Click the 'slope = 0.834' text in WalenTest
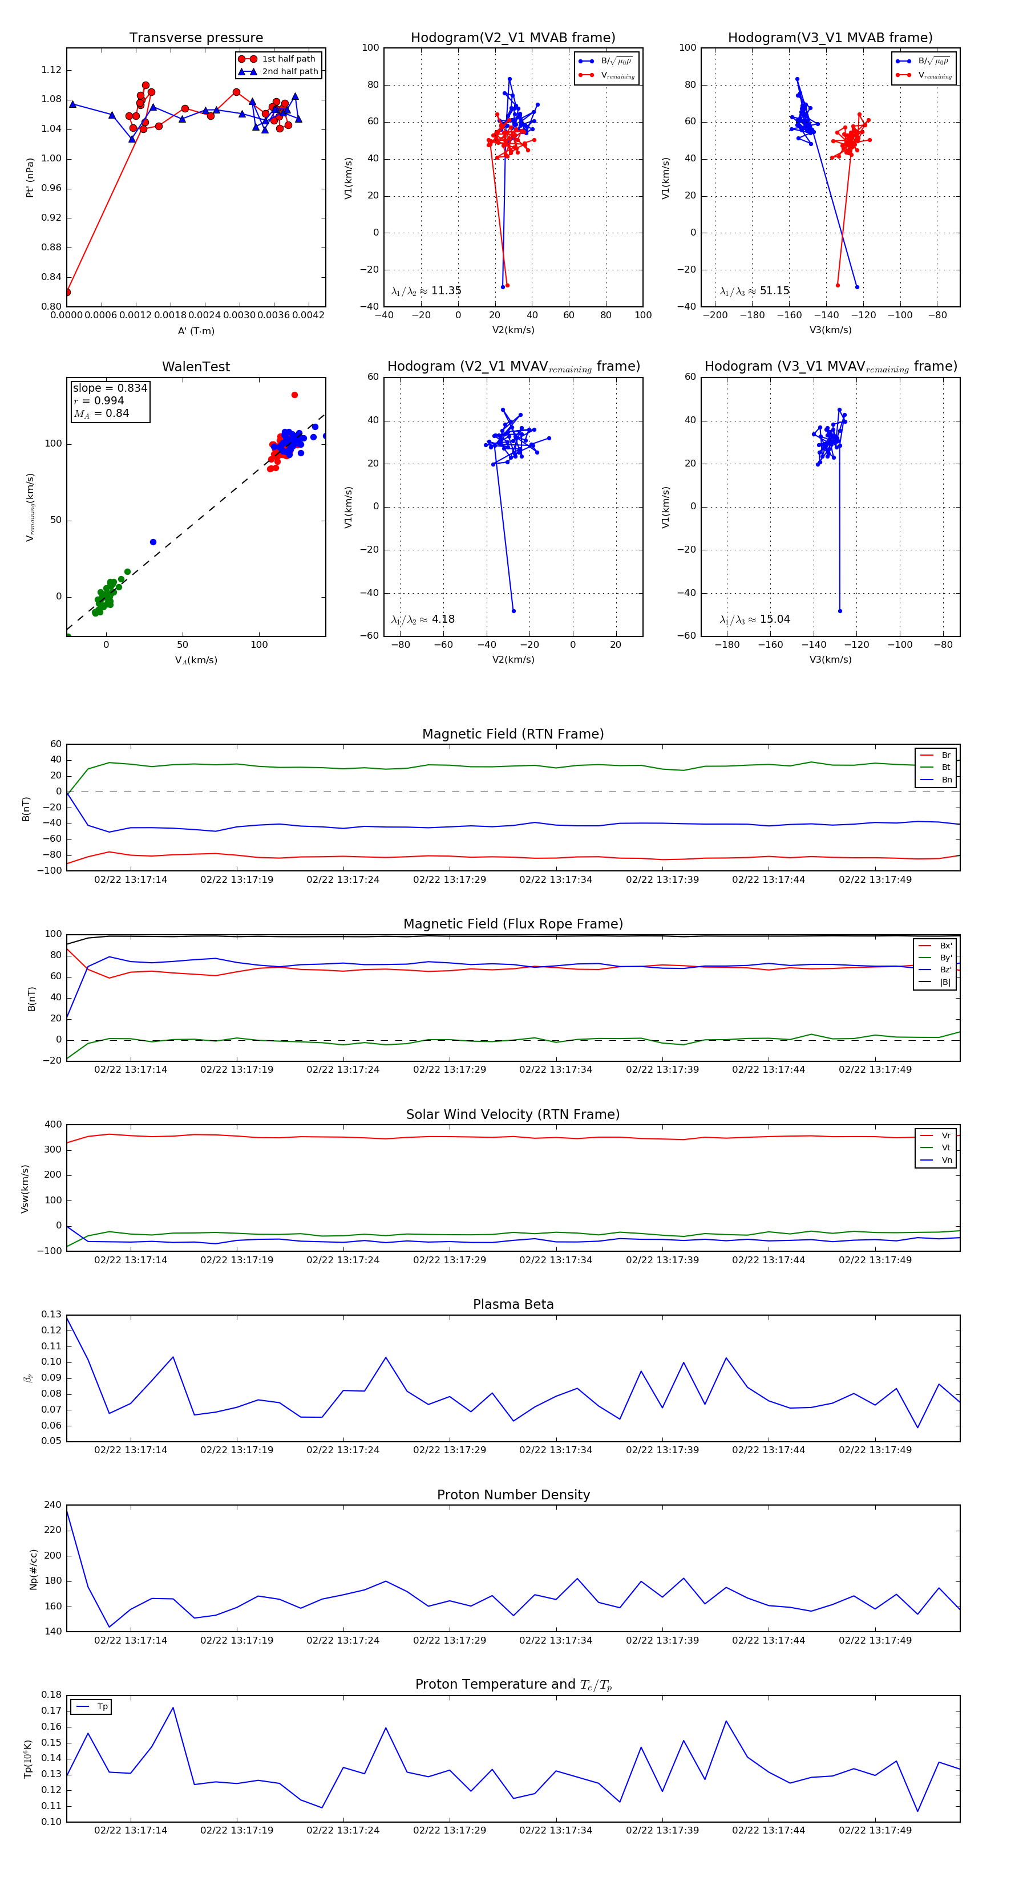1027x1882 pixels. click(110, 388)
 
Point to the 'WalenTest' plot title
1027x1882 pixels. click(196, 367)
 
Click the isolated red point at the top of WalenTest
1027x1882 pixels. click(294, 395)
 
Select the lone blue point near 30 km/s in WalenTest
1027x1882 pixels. click(153, 542)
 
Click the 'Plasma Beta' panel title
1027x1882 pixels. click(513, 1304)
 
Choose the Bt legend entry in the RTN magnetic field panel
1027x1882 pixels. click(945, 767)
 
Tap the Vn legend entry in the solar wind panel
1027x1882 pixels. click(946, 1160)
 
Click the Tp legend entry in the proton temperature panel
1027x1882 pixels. click(102, 1707)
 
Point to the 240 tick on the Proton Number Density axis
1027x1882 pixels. click(52, 1505)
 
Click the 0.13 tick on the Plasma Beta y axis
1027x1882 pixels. click(51, 1315)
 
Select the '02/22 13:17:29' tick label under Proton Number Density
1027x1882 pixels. click(449, 1640)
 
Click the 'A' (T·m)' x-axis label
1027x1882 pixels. click(196, 331)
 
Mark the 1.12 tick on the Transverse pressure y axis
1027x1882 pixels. click(51, 70)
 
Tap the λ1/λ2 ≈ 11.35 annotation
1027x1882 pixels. click(426, 291)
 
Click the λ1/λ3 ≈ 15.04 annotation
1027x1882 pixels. click(754, 619)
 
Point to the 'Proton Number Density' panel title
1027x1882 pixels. click(513, 1495)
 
